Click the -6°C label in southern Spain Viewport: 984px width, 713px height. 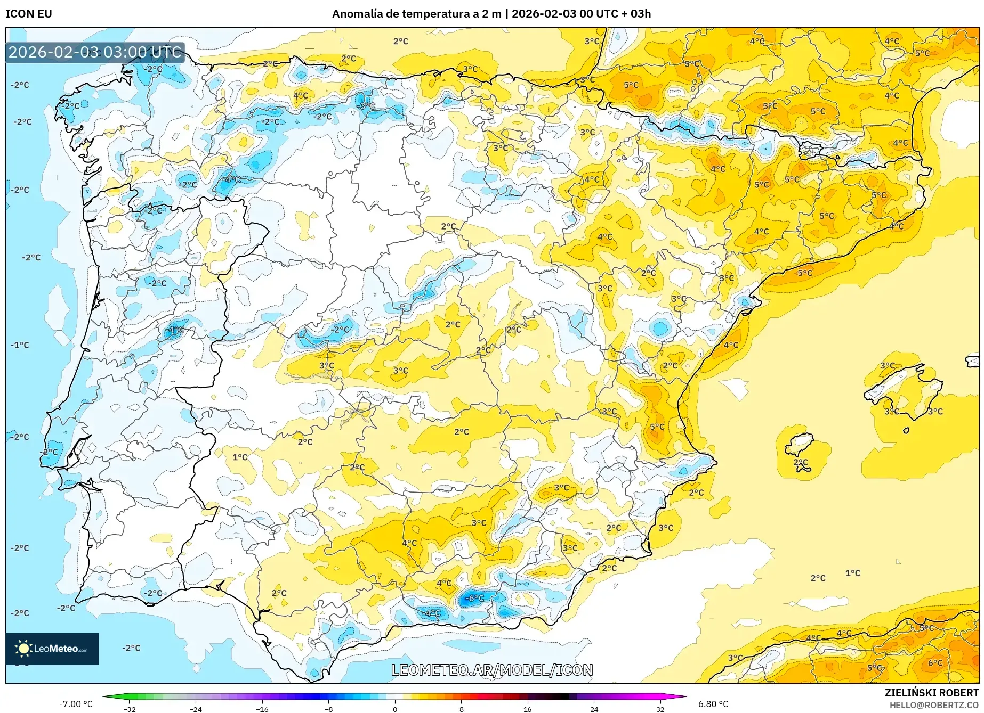pos(474,598)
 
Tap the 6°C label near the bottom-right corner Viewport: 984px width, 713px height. pos(935,663)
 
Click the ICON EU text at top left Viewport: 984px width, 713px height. pos(29,14)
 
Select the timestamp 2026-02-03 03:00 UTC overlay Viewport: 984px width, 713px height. pos(95,52)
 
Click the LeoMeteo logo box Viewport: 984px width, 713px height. pos(52,649)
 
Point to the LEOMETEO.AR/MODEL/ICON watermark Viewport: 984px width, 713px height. pos(492,670)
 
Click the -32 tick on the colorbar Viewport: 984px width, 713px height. pos(130,709)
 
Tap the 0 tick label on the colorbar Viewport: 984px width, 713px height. pos(395,709)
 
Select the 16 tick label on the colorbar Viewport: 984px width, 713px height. pos(527,709)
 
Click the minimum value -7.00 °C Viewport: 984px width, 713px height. pos(76,704)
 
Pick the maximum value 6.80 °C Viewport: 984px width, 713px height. pos(713,704)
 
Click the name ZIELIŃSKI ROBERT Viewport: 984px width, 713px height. pos(932,693)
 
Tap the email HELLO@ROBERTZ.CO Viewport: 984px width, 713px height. pos(934,705)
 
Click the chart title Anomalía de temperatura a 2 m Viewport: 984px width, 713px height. pos(416,14)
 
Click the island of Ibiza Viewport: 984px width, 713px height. pos(800,443)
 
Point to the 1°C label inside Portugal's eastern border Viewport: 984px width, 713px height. pos(240,457)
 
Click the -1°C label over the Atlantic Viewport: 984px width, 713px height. pos(20,345)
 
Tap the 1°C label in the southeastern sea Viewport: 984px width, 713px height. pos(853,573)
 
